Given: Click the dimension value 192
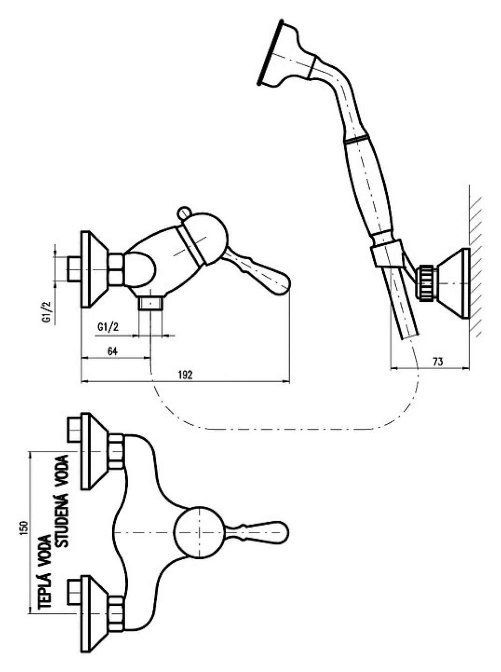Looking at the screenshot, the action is tap(185, 375).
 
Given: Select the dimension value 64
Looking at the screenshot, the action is tap(113, 351).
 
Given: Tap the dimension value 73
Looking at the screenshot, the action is tap(438, 362).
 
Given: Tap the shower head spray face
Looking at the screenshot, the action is tap(269, 52).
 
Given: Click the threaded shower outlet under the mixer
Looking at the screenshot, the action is tap(150, 303).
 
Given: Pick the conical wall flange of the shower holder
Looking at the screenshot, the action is tap(453, 283).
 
